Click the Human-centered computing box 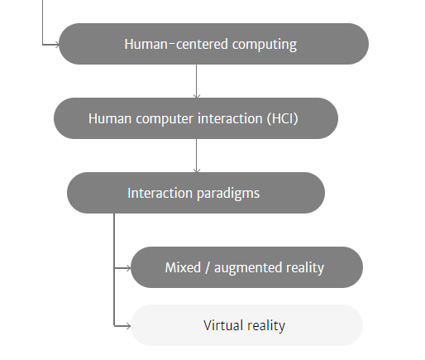214,44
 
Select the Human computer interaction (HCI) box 196,118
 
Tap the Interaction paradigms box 196,193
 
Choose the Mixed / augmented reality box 247,267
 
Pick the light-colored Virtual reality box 247,325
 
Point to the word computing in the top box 265,45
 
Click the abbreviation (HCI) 283,119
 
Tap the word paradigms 228,194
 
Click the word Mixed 183,267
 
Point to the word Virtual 223,325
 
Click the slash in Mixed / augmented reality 208,268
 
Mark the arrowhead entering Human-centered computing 57,45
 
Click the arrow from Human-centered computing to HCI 197,81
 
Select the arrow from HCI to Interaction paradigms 197,156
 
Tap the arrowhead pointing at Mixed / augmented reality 129,268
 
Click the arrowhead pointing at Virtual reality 129,326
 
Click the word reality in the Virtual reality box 266,326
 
